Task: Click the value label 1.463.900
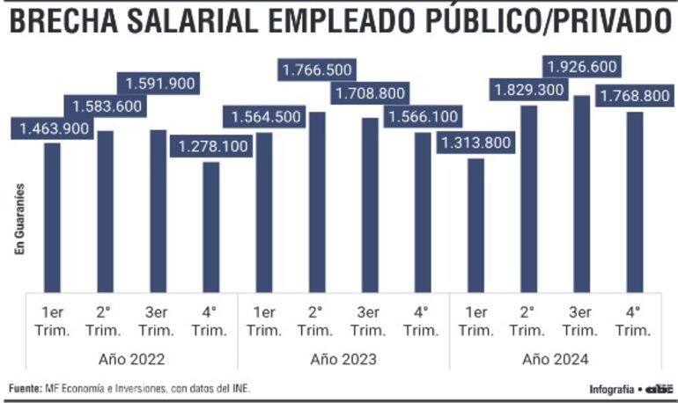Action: pos(54,128)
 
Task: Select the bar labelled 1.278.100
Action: pos(211,226)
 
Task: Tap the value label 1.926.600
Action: pos(581,67)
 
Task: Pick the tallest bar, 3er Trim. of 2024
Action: pos(581,194)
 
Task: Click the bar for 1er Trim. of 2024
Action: pos(475,224)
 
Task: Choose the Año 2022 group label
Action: pos(132,359)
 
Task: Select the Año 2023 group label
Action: pos(343,359)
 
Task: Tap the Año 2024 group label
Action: pos(555,359)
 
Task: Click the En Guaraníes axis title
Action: pos(18,219)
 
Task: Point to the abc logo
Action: pos(659,388)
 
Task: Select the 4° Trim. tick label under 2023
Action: pos(422,320)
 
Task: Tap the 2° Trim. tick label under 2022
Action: pos(105,320)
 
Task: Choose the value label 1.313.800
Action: pos(476,143)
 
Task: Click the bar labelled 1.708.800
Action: pos(370,204)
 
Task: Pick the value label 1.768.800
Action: pos(633,96)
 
